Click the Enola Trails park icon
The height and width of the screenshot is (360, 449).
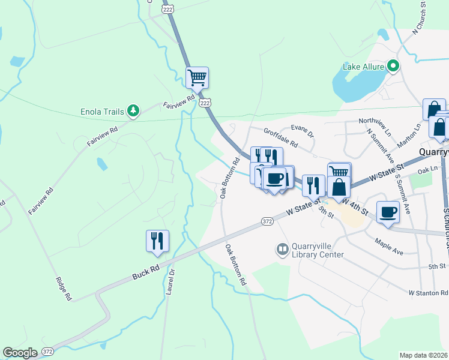133,111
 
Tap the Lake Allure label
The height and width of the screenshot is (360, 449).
363,67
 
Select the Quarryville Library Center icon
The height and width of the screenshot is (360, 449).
282,248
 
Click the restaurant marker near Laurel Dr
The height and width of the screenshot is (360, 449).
157,241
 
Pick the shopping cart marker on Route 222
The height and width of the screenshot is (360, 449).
197,77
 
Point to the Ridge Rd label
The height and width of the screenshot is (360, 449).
64,288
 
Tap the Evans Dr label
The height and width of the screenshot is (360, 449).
303,130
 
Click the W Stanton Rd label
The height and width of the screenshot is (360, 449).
428,293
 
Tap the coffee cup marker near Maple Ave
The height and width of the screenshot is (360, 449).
388,212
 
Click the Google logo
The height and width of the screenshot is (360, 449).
20,353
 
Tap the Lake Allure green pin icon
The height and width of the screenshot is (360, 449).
393,65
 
